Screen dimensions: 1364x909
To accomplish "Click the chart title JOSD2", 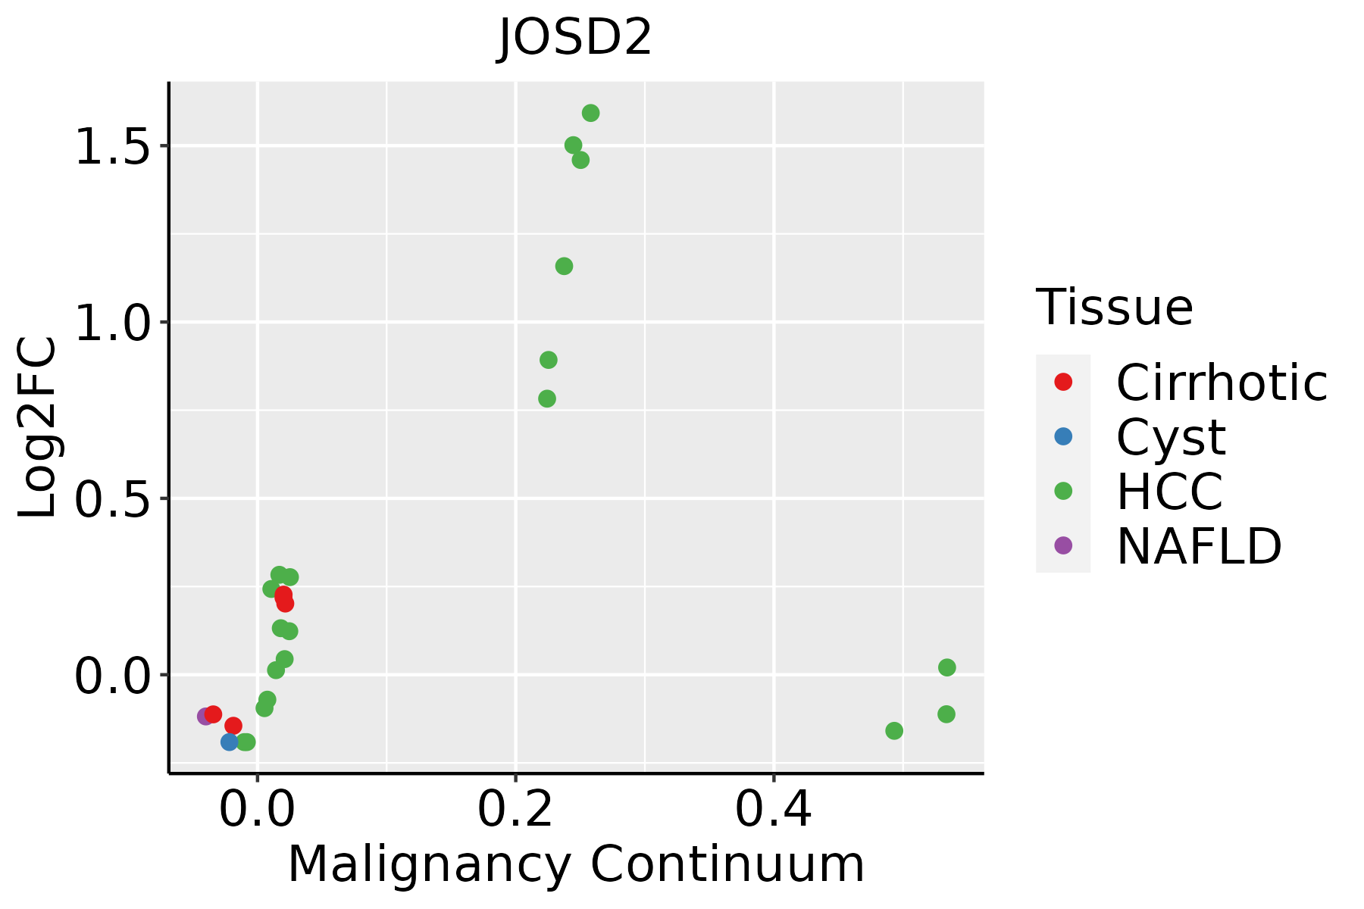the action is pos(575,38).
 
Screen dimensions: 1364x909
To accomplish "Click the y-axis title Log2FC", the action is pos(37,427).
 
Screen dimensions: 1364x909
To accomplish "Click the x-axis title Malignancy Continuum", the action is pos(576,865).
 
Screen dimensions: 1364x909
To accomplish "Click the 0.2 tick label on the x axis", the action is pos(515,809).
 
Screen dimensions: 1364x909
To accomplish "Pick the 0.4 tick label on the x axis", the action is pos(774,809).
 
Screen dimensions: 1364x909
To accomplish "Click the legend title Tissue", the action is pos(1115,308).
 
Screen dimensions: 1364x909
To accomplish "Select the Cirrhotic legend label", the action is pos(1222,383).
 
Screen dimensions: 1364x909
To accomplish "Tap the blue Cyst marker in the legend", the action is pos(1063,436).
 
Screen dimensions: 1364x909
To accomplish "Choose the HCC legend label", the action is pos(1169,492).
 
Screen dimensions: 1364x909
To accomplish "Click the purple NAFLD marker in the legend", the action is pos(1063,545).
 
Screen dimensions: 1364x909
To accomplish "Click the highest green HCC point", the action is pos(591,113).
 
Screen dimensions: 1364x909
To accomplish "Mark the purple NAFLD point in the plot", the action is pos(205,716).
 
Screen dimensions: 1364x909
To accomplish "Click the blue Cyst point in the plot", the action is pos(230,742).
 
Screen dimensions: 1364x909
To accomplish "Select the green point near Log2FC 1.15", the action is pos(564,266).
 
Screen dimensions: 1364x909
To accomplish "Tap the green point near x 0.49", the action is pos(894,731).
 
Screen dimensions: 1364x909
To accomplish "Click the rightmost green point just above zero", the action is pos(947,667).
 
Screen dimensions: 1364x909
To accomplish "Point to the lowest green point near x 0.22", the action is pos(547,398).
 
